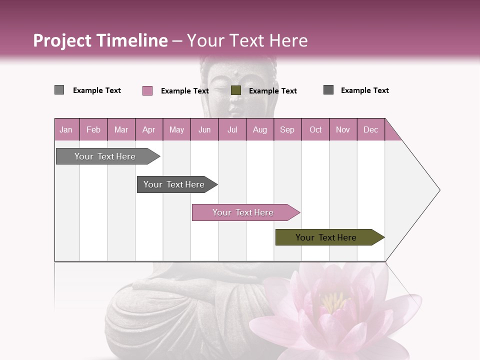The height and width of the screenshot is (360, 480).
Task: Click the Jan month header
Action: [x=66, y=129]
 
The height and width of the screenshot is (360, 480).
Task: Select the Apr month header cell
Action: [x=148, y=129]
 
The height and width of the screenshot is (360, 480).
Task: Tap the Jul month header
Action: [x=232, y=129]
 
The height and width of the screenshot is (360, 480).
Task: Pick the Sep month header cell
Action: [x=287, y=129]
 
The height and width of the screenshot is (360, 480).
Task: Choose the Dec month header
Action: [x=370, y=129]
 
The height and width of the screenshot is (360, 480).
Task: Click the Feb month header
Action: [x=93, y=129]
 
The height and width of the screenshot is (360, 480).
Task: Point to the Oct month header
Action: [x=315, y=129]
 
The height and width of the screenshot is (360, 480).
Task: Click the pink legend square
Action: [x=147, y=90]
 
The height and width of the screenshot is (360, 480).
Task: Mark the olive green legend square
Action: [x=236, y=90]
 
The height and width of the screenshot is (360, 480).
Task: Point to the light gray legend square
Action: [x=59, y=90]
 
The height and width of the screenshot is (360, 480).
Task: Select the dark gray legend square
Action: [x=328, y=90]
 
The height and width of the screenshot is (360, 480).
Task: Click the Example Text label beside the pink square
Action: [x=184, y=91]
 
